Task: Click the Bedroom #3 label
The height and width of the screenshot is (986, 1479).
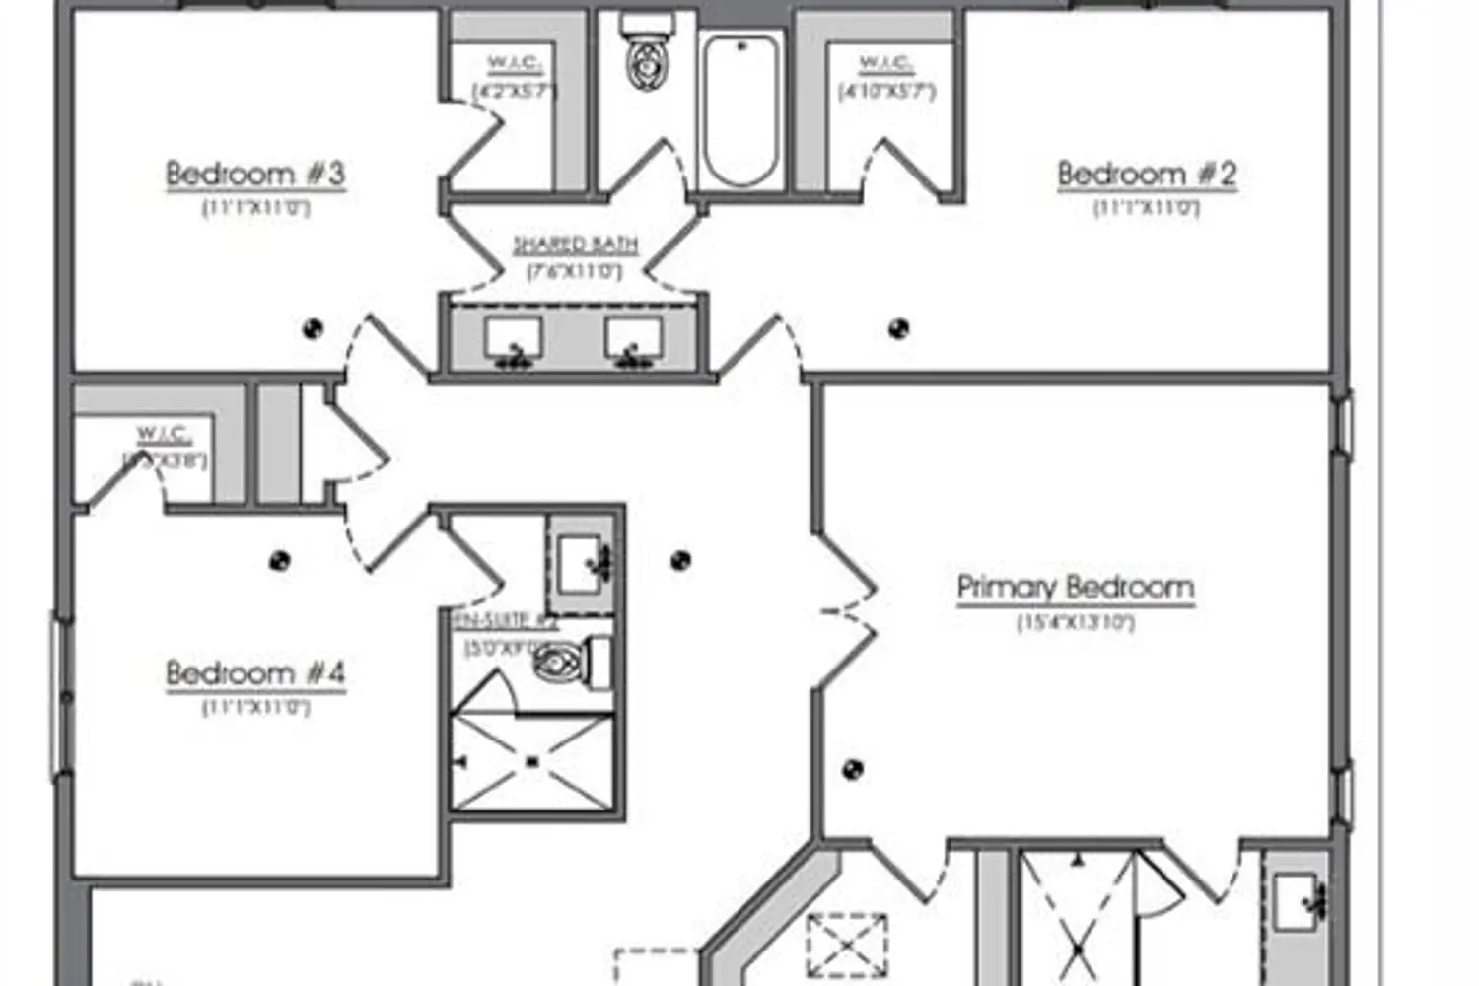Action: (255, 175)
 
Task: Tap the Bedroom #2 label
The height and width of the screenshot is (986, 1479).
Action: (1147, 175)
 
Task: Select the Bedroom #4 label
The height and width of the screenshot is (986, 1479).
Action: (255, 673)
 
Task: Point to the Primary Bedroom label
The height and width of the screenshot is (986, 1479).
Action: (1076, 587)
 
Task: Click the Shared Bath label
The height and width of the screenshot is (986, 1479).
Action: (576, 245)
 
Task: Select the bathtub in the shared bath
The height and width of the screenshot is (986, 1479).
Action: (740, 108)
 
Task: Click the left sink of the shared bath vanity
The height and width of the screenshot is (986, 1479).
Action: (513, 340)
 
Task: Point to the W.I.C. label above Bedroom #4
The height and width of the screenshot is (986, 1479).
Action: (164, 434)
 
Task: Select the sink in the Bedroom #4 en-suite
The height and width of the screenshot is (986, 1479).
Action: (582, 563)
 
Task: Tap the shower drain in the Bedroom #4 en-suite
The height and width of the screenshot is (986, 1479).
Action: (532, 760)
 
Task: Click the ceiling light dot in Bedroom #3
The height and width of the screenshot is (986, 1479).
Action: (314, 328)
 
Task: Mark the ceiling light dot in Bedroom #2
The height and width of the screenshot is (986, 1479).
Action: (898, 328)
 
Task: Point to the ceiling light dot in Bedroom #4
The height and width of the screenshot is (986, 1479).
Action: (280, 560)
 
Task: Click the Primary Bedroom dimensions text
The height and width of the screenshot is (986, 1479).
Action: (1076, 623)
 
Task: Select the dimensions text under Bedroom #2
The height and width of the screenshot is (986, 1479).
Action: (1147, 209)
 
